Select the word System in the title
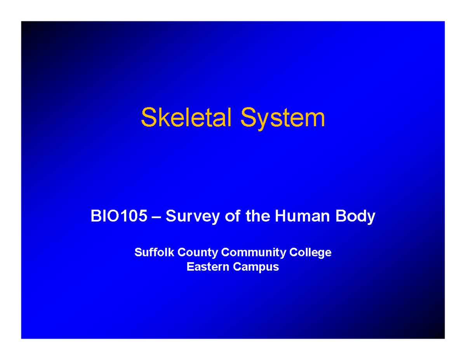283,118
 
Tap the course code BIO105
119,216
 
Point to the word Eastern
208,267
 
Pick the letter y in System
258,120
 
